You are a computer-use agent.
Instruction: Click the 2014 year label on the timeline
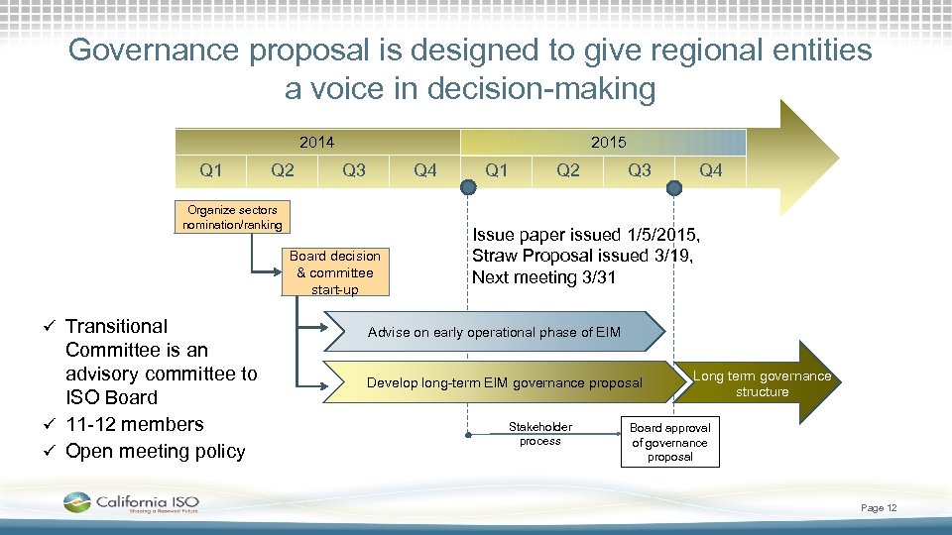[x=316, y=143]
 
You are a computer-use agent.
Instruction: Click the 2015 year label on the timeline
[x=608, y=143]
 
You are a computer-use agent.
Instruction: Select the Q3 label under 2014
[x=353, y=170]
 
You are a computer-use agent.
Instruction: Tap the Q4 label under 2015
[x=711, y=170]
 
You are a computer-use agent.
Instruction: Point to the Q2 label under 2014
[x=283, y=170]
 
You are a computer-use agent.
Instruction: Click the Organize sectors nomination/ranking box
[x=232, y=217]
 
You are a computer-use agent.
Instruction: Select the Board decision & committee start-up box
[x=335, y=272]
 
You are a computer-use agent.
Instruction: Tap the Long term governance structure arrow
[x=763, y=383]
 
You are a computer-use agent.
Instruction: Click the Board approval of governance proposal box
[x=669, y=442]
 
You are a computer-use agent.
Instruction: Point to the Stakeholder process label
[x=539, y=434]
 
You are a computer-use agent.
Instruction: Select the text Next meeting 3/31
[x=543, y=277]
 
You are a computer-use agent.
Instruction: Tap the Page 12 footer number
[x=879, y=508]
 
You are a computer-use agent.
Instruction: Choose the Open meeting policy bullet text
[x=155, y=452]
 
